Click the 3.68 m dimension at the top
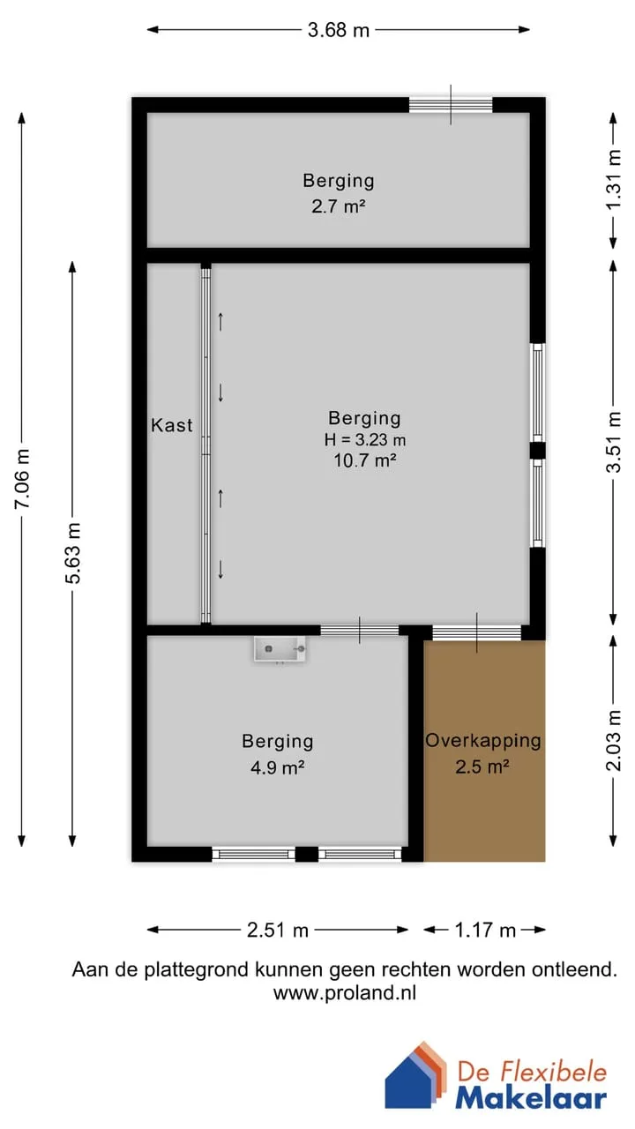(x=339, y=30)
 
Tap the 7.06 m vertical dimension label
(x=23, y=478)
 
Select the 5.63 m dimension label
(x=73, y=553)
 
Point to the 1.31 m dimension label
(x=613, y=179)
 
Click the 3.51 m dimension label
(x=613, y=442)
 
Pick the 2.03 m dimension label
(x=613, y=740)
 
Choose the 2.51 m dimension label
(x=278, y=930)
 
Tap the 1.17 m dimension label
(x=485, y=930)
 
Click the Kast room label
(x=172, y=425)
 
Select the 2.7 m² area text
(x=338, y=206)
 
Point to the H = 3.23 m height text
(x=365, y=439)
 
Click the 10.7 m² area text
(x=365, y=460)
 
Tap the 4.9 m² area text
(x=277, y=767)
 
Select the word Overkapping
(x=483, y=740)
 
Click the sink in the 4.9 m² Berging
(x=280, y=649)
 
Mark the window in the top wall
(x=451, y=105)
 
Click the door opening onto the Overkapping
(x=477, y=632)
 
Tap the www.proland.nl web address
(x=345, y=992)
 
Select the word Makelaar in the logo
(x=531, y=1098)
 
